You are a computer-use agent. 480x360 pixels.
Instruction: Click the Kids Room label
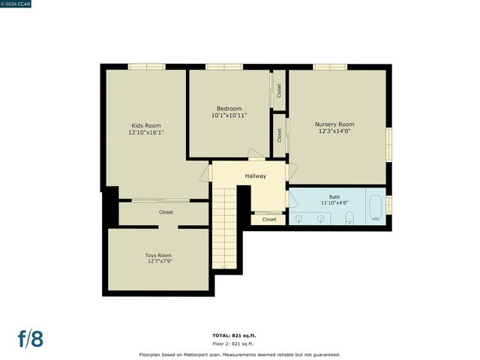click(146, 125)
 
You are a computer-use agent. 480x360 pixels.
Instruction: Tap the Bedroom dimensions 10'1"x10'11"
click(229, 115)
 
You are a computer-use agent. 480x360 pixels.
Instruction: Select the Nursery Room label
click(334, 124)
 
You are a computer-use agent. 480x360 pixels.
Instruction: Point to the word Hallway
click(256, 176)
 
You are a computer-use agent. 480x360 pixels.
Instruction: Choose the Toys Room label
click(158, 255)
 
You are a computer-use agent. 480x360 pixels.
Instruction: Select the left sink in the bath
click(299, 218)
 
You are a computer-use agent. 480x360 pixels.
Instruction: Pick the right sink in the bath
click(321, 218)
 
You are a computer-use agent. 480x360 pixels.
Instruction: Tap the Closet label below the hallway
click(269, 220)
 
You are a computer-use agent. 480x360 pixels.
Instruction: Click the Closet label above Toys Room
click(165, 212)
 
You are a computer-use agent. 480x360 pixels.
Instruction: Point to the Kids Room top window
click(146, 67)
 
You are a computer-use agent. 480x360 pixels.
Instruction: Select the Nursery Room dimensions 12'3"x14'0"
click(334, 131)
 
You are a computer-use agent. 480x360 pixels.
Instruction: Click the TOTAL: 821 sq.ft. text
click(239, 335)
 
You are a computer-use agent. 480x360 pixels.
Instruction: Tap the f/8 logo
click(30, 338)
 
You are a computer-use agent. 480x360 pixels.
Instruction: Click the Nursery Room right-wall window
click(388, 144)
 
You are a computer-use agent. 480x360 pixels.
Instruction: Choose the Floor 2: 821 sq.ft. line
click(239, 343)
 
